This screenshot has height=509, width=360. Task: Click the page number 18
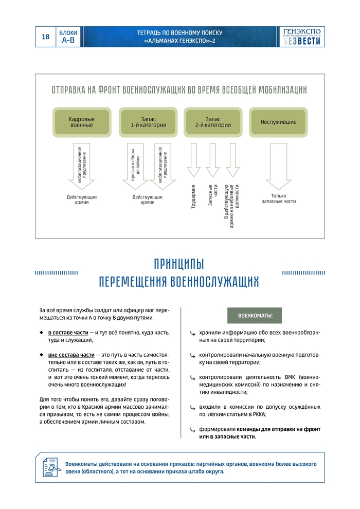[x=45, y=37]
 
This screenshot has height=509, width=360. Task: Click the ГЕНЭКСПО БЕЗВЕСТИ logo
[x=302, y=37]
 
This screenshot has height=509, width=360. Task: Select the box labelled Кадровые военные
[x=82, y=122]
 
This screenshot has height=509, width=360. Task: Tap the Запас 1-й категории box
[x=147, y=122]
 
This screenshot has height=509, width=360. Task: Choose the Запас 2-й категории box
[x=212, y=122]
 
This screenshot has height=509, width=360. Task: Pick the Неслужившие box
[x=278, y=122]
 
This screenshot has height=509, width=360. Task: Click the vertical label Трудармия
[x=194, y=196]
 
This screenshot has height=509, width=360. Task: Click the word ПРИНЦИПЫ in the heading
[x=179, y=265]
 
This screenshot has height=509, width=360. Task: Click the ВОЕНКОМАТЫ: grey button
[x=255, y=315]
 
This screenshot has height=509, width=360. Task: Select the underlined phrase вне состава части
[x=71, y=355]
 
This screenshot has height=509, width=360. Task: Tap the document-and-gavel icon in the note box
[x=52, y=467]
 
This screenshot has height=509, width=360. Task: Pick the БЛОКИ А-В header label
[x=68, y=37]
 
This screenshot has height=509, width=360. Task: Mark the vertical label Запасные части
[x=212, y=196]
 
